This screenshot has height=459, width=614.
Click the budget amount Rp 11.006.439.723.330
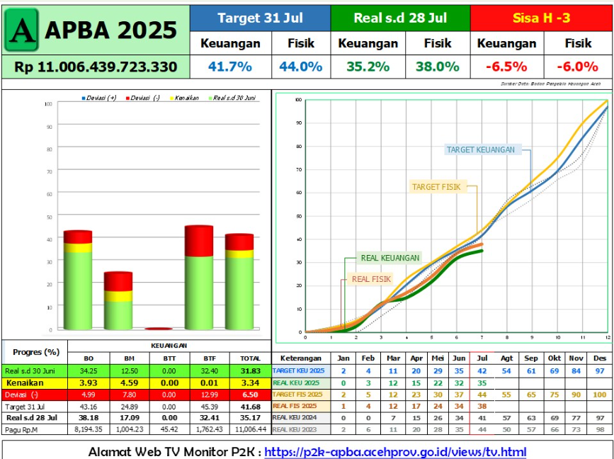[96, 67]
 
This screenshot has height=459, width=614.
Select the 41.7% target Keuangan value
[230, 67]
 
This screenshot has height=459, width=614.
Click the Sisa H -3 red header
[541, 18]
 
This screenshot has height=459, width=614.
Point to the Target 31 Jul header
[259, 18]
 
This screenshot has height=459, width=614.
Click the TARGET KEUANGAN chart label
[480, 149]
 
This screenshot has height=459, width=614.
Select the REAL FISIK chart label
[371, 279]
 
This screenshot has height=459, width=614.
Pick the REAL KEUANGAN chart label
[390, 258]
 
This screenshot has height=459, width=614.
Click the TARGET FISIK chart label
[436, 187]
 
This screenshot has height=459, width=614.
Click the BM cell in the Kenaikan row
[128, 382]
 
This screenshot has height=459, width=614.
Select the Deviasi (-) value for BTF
[209, 394]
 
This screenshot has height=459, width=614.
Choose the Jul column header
[482, 358]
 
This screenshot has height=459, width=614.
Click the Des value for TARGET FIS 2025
[599, 394]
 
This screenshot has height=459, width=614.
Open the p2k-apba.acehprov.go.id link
[395, 451]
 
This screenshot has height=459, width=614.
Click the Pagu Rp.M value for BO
[89, 429]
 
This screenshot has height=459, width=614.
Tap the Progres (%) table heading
[35, 351]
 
